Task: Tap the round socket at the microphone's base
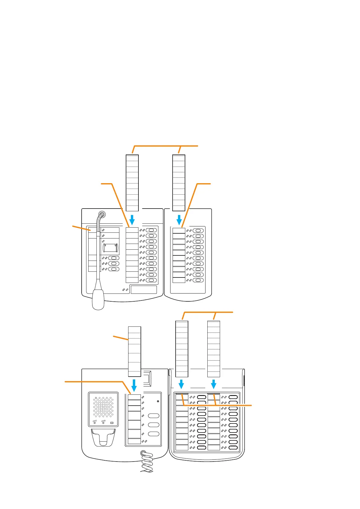(102, 215)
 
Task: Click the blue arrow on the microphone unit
(132, 220)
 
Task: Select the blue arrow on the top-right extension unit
(179, 220)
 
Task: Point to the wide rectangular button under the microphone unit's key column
(144, 290)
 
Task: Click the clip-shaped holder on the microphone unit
(111, 248)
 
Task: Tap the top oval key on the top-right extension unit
(198, 231)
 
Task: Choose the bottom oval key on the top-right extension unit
(198, 280)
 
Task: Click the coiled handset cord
(148, 462)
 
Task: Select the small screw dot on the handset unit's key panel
(158, 401)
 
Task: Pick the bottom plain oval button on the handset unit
(154, 434)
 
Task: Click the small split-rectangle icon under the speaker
(112, 423)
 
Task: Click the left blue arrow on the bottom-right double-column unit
(181, 384)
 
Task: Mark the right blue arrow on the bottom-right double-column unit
(214, 384)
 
